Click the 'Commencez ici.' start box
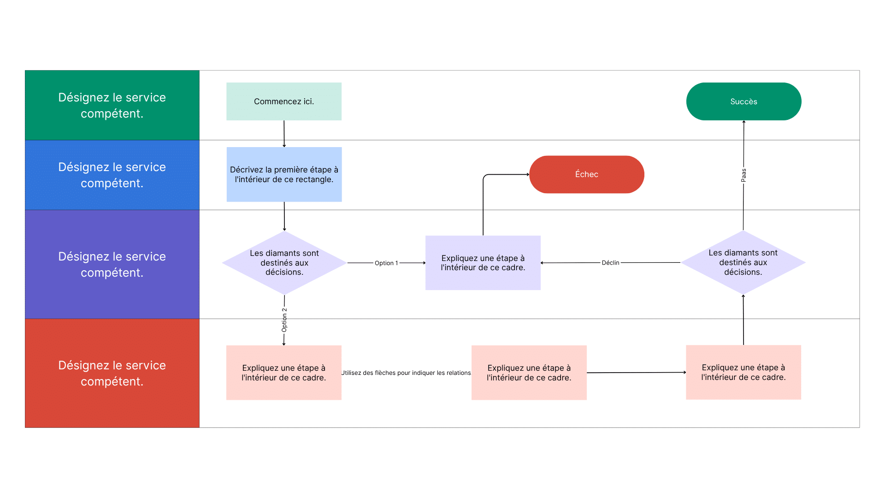pyautogui.click(x=283, y=101)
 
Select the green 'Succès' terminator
pyautogui.click(x=743, y=101)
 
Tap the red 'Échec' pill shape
pyautogui.click(x=586, y=174)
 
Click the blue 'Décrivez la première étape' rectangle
pyautogui.click(x=284, y=174)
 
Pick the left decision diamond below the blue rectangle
pyautogui.click(x=284, y=262)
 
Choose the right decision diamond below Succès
pyautogui.click(x=743, y=262)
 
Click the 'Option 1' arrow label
pyautogui.click(x=386, y=263)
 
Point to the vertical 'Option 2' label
pyautogui.click(x=284, y=320)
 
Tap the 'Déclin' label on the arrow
pyautogui.click(x=610, y=263)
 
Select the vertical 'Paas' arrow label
pyautogui.click(x=743, y=175)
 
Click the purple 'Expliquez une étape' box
pyautogui.click(x=483, y=263)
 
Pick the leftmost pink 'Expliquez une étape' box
pyautogui.click(x=283, y=373)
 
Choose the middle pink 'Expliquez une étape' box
pyautogui.click(x=529, y=373)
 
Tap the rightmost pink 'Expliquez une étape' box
pyautogui.click(x=743, y=372)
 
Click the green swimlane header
pyautogui.click(x=112, y=105)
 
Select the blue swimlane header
pyautogui.click(x=112, y=175)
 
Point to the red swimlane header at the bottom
pyautogui.click(x=112, y=373)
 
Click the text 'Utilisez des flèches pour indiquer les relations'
pyautogui.click(x=406, y=373)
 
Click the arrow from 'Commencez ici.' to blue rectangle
pyautogui.click(x=284, y=134)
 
